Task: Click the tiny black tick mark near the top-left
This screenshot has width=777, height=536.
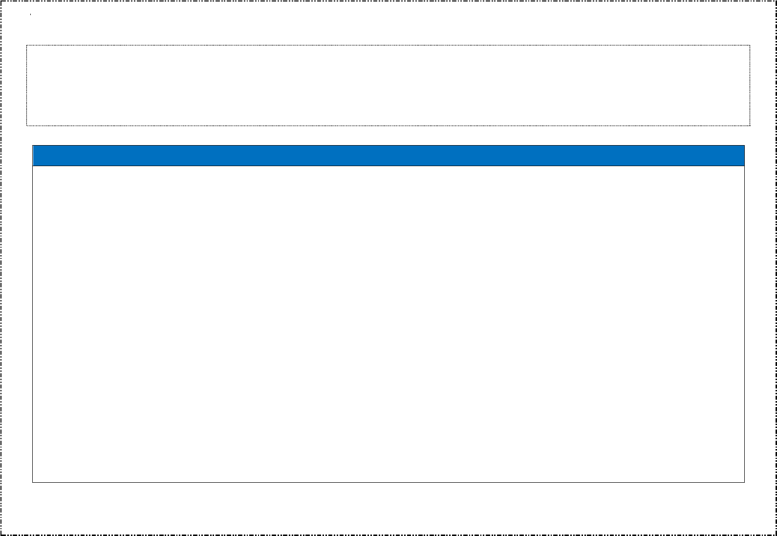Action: (x=30, y=15)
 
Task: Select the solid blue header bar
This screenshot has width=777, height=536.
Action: (x=388, y=155)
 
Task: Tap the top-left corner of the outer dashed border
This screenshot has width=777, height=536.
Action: (x=1, y=1)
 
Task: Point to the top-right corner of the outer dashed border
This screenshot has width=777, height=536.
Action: (x=776, y=1)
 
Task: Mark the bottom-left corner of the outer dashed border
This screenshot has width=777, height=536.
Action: (x=1, y=535)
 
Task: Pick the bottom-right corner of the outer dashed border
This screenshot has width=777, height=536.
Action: (x=776, y=535)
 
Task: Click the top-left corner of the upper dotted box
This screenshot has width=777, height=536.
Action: (x=27, y=45)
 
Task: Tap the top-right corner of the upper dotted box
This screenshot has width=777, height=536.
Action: (x=750, y=45)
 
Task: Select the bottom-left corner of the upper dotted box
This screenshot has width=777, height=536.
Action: (x=27, y=126)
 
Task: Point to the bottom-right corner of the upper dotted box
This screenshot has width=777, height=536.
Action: (x=750, y=126)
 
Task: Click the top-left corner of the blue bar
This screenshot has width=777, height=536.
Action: (x=33, y=146)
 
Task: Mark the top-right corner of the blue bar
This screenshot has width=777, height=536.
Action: (x=744, y=146)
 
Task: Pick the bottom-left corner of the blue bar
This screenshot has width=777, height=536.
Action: (x=33, y=166)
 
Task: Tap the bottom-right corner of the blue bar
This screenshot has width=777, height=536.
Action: (x=744, y=166)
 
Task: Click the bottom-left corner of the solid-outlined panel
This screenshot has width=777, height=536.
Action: (x=33, y=482)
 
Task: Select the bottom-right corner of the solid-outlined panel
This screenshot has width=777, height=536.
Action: (x=744, y=482)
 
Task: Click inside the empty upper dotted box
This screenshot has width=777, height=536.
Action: (x=388, y=86)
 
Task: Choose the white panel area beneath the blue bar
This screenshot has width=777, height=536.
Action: (x=388, y=322)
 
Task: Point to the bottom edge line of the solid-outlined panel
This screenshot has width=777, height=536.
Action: (x=388, y=482)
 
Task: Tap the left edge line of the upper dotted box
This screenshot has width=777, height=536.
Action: (x=27, y=86)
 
